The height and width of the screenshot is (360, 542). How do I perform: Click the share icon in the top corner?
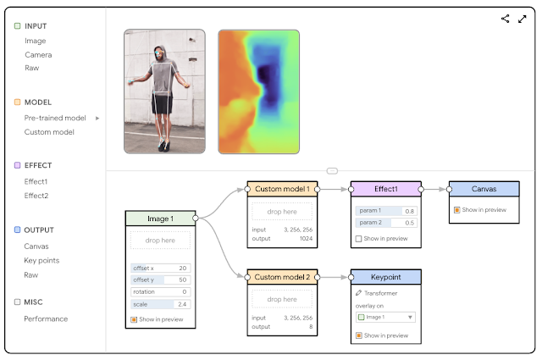pyautogui.click(x=506, y=19)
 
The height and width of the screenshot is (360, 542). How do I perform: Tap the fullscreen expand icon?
pyautogui.click(x=522, y=19)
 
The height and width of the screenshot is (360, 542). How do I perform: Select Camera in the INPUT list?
pyautogui.click(x=38, y=54)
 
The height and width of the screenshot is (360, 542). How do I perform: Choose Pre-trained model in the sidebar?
pyautogui.click(x=55, y=118)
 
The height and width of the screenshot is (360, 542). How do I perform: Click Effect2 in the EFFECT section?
pyautogui.click(x=36, y=196)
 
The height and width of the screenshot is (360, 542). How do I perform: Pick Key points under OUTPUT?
pyautogui.click(x=41, y=260)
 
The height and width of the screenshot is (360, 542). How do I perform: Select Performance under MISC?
pyautogui.click(x=46, y=318)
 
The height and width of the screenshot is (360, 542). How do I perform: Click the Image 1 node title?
pyautogui.click(x=160, y=219)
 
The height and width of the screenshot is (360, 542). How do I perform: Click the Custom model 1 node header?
pyautogui.click(x=282, y=188)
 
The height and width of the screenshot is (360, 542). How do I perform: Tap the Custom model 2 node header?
pyautogui.click(x=282, y=277)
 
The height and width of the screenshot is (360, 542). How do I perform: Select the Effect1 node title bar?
pyautogui.click(x=385, y=188)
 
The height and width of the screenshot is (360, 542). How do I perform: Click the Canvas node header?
pyautogui.click(x=484, y=188)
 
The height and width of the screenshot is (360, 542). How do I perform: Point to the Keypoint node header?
pyautogui.click(x=385, y=277)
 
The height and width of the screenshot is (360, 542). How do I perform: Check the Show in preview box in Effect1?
pyautogui.click(x=359, y=239)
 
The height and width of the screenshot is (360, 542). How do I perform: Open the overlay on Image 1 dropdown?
pyautogui.click(x=385, y=317)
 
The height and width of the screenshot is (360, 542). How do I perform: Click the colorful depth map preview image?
pyautogui.click(x=258, y=91)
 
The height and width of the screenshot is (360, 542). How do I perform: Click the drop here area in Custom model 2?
pyautogui.click(x=282, y=299)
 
